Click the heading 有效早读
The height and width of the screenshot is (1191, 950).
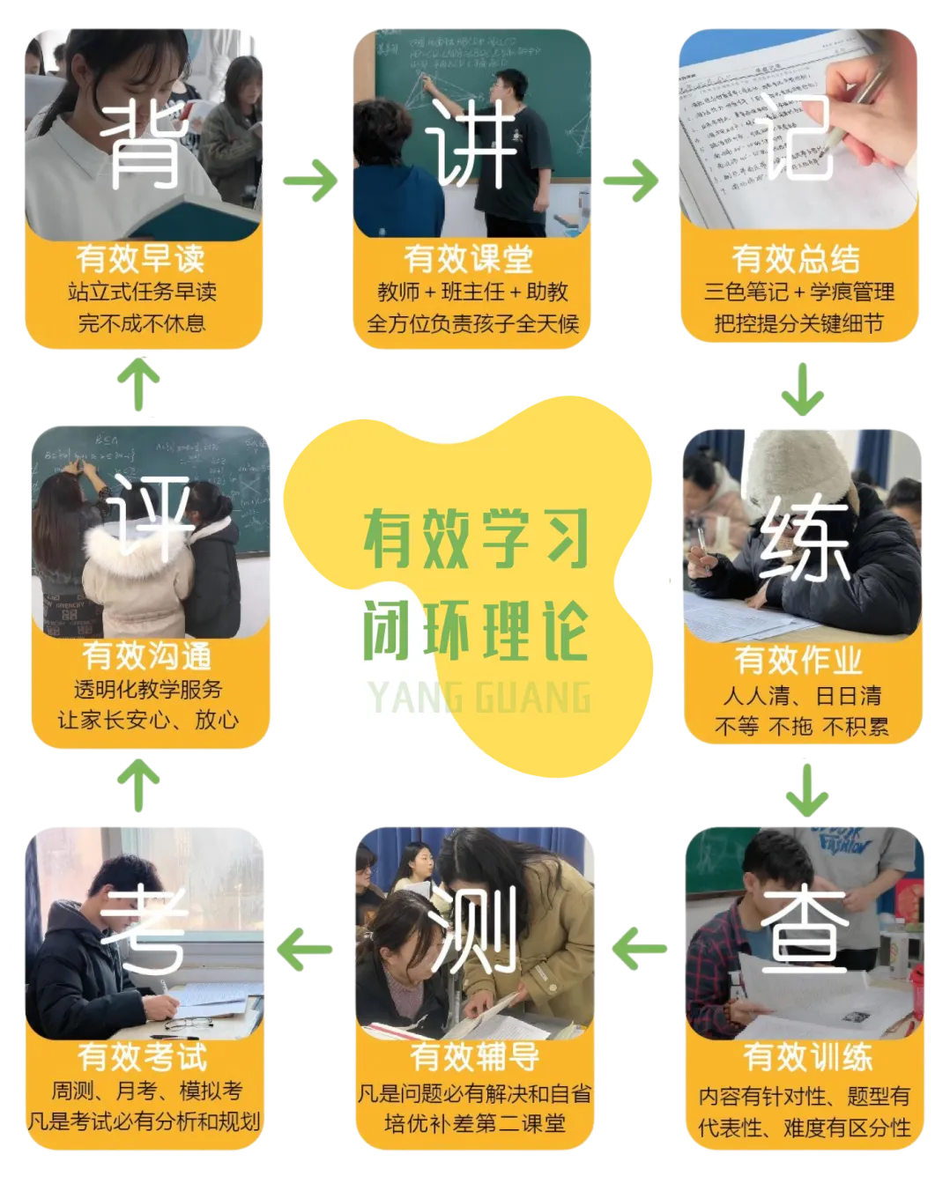tap(141, 258)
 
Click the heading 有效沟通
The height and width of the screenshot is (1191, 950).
tap(147, 655)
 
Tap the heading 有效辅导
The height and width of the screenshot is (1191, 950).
tap(475, 1054)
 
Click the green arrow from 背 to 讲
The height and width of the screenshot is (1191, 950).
tap(310, 181)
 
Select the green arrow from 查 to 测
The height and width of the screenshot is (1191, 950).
tap(640, 949)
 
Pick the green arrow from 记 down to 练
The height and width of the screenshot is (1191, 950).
tap(802, 389)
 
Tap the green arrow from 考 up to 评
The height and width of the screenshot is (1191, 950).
tap(138, 785)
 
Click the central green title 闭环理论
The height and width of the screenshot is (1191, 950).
tap(475, 631)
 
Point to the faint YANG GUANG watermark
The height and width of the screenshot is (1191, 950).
tap(479, 698)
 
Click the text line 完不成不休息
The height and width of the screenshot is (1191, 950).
tap(142, 323)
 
